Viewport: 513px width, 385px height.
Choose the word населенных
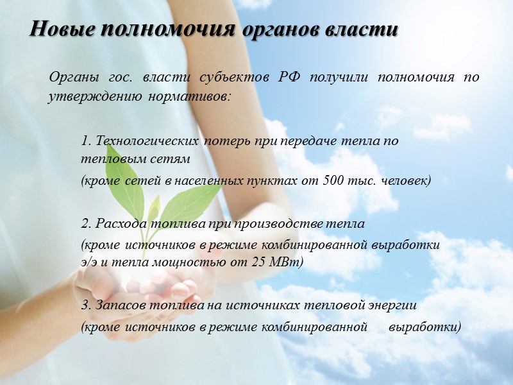tap(209, 181)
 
